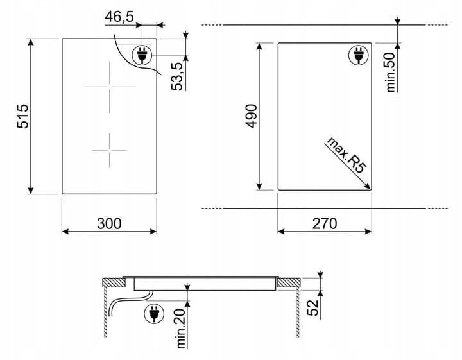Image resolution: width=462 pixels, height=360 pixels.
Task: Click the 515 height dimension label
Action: coord(22,116)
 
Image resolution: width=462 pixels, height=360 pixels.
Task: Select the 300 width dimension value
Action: coord(109,223)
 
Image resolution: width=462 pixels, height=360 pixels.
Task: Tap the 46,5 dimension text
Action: coord(119,17)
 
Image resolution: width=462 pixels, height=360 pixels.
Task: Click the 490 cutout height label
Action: coord(252,116)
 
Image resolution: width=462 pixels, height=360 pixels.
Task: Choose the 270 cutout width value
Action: coord(325,223)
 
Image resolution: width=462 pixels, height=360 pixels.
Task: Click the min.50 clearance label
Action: coord(390,72)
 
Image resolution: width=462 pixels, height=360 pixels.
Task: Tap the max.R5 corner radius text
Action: coord(346,155)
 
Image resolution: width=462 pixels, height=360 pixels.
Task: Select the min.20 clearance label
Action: coord(182,328)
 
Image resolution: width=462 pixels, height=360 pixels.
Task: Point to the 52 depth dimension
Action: coord(313,307)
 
